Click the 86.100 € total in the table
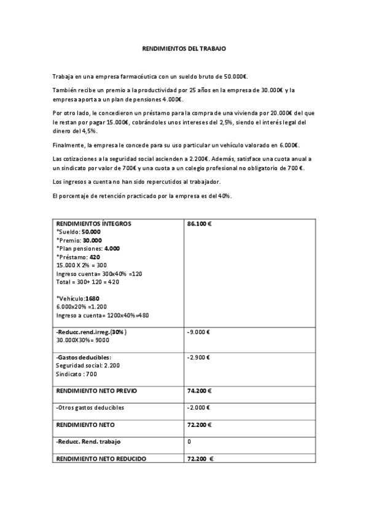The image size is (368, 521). (199, 224)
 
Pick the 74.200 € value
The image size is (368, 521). (199, 391)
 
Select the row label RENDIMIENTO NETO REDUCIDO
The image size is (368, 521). (101, 458)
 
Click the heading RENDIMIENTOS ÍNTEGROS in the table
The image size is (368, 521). (93, 224)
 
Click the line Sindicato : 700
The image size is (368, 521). (76, 374)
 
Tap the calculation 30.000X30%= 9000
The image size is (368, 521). (82, 340)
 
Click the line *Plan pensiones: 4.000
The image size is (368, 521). (88, 248)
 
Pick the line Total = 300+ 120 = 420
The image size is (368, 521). (87, 281)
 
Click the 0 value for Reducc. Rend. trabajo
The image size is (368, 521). (189, 441)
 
